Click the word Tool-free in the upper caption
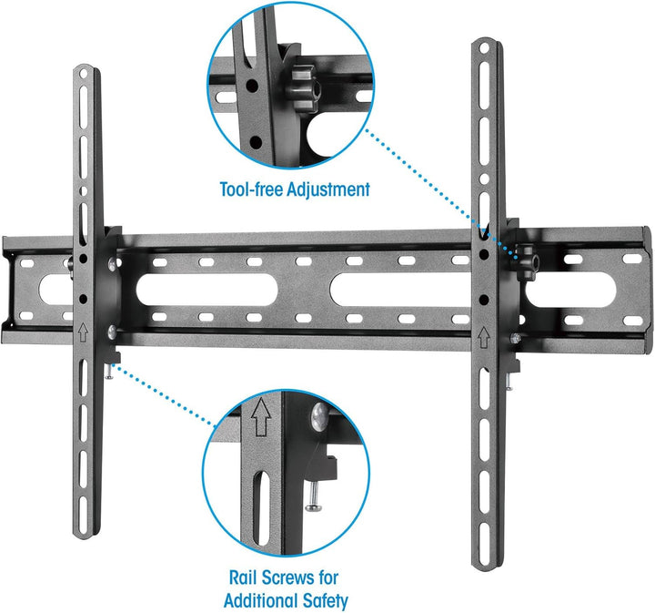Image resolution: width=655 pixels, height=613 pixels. (x=251, y=189)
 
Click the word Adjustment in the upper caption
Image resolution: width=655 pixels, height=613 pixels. (x=328, y=189)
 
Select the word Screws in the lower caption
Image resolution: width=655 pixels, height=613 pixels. (x=288, y=577)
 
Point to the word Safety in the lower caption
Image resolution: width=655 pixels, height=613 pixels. (x=326, y=601)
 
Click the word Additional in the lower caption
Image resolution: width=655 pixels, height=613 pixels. (x=261, y=600)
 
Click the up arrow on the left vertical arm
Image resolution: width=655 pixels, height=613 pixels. (x=83, y=332)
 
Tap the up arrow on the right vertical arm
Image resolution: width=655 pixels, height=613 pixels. (x=484, y=337)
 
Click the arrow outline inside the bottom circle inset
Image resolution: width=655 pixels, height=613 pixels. (x=261, y=417)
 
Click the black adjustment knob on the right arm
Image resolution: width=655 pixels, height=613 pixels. (x=527, y=261)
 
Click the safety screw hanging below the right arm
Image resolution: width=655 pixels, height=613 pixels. (x=509, y=382)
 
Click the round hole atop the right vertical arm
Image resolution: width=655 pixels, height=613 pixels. (x=484, y=48)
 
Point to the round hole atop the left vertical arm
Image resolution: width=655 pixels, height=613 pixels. (x=83, y=75)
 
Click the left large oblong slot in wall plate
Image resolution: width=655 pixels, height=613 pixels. (x=207, y=290)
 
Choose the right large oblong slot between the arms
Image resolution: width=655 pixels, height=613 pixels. (x=401, y=289)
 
